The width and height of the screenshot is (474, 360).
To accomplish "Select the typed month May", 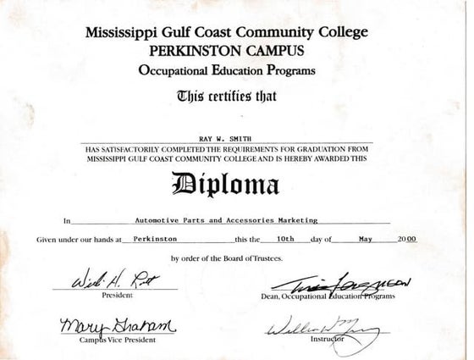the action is pos(366,240).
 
